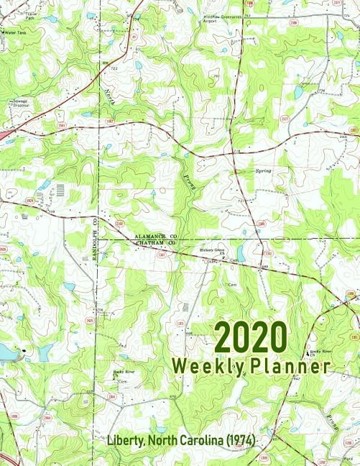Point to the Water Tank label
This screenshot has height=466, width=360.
(14, 32)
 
